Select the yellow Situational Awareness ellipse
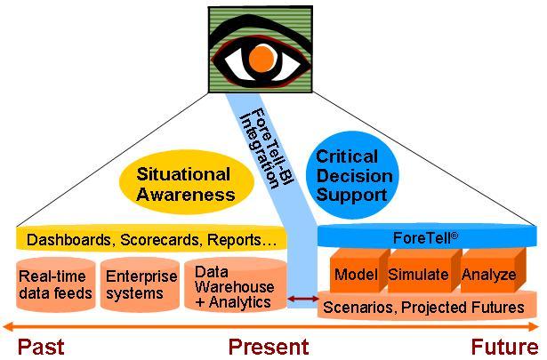pos(188,183)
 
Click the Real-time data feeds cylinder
pos(52,284)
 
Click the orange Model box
pos(356,274)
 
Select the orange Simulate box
pos(418,274)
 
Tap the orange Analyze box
pos(488,274)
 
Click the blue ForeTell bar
pos(426,237)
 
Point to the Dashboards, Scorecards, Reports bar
pos(151,239)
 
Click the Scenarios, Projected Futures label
pos(423,308)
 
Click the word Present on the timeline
pos(268,346)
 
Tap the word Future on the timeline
pos(503,346)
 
